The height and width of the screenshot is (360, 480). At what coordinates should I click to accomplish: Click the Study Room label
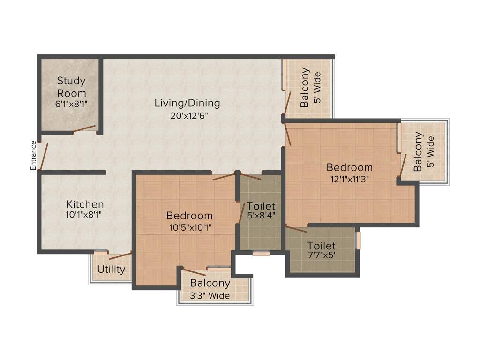(x=71, y=87)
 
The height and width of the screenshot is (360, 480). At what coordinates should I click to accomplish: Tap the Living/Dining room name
(x=187, y=103)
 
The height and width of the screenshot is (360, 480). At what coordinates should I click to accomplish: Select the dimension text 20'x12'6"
(x=187, y=115)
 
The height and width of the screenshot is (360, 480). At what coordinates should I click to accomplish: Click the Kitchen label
(x=85, y=204)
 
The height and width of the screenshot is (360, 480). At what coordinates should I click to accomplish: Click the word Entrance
(x=33, y=155)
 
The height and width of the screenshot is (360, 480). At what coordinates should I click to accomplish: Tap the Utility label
(x=111, y=270)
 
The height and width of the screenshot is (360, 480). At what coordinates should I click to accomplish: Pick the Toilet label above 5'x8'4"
(x=261, y=206)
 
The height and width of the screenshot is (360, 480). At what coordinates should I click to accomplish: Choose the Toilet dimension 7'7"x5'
(x=321, y=257)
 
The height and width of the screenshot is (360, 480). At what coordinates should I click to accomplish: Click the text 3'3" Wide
(x=210, y=296)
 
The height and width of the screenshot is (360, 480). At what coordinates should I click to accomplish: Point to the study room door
(x=84, y=129)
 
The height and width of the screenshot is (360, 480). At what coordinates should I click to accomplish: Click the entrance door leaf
(x=43, y=156)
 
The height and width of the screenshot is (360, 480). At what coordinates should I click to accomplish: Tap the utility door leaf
(x=120, y=256)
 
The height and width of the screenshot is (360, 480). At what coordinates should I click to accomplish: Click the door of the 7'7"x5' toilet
(x=296, y=229)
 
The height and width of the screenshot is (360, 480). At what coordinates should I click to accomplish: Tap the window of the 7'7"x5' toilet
(x=358, y=240)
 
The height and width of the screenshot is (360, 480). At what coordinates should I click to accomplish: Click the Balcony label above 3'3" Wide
(x=210, y=284)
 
